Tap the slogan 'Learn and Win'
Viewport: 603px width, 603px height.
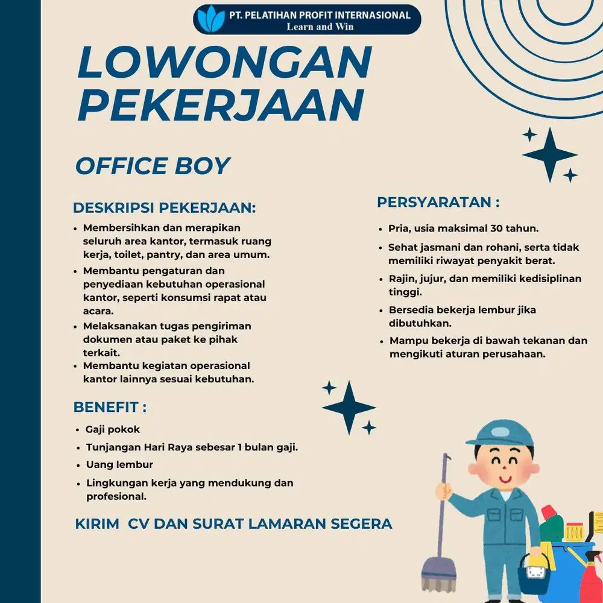pos(320,27)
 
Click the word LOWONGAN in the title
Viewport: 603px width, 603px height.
pos(224,62)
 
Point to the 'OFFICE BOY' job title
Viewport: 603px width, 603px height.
pos(152,166)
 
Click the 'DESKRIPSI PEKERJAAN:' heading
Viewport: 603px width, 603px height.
pos(165,208)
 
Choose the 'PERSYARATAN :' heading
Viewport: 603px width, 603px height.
pos(438,203)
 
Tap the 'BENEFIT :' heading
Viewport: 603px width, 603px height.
pos(110,407)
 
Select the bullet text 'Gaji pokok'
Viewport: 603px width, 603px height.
pos(113,429)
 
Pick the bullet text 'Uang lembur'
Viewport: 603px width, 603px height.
pos(119,465)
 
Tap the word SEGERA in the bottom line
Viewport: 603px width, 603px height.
pos(362,523)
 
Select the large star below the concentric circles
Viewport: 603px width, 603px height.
pos(549,154)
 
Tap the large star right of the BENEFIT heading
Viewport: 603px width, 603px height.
pos(349,408)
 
